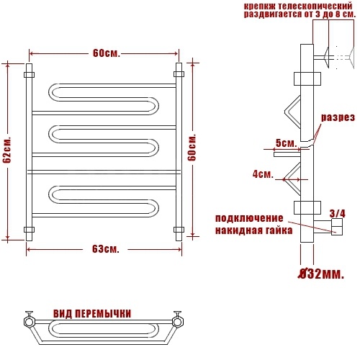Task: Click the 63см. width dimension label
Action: pos(106,249)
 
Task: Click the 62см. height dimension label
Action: pos(7,150)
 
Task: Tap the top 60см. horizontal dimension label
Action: pos(107,53)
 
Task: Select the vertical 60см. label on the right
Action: pos(192,147)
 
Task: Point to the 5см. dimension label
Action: pos(287,143)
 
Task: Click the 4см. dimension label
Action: pos(263,174)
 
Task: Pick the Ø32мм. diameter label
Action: pos(321,274)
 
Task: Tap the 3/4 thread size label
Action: pos(338,213)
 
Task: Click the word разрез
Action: pos(338,117)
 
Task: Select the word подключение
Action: pos(249,219)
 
